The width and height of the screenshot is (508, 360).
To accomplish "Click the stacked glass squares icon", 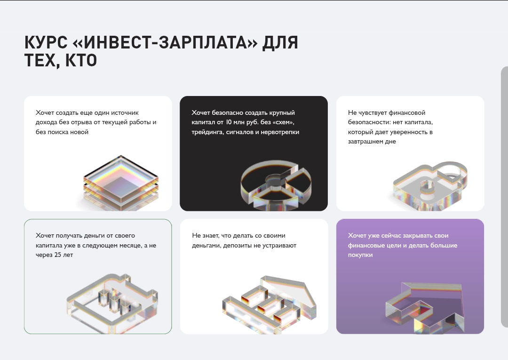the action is (x=121, y=183).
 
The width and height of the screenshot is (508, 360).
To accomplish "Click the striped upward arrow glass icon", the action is (x=270, y=304).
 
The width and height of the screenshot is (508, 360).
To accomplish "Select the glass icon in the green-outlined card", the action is (x=112, y=304).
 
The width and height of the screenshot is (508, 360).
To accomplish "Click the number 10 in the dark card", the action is (x=229, y=122).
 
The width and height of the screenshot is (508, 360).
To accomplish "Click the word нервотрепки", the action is (x=280, y=132).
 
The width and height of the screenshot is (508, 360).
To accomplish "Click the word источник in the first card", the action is (x=125, y=113).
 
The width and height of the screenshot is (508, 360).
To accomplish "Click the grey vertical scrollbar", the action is (x=504, y=197).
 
